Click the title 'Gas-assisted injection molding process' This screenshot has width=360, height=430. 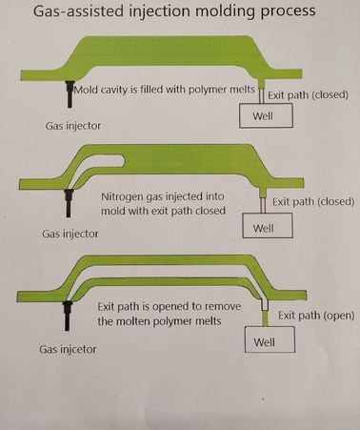coord(179,13)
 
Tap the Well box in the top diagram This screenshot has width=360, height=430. coord(264,115)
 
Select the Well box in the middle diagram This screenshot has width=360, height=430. coord(263,227)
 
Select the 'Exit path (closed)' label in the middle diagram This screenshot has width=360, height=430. coord(312,202)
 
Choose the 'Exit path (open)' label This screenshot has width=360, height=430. coord(315,316)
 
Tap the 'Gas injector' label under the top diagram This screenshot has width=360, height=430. coord(73,125)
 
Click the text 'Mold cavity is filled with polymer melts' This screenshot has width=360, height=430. coord(170,89)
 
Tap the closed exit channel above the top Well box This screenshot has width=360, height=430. coord(263,93)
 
